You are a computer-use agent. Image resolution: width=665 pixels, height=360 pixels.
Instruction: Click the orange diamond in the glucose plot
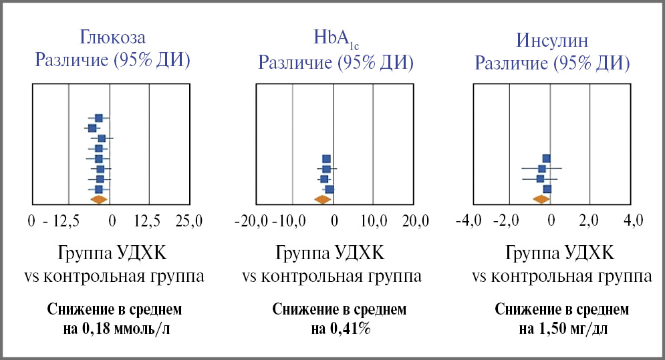(x=98, y=199)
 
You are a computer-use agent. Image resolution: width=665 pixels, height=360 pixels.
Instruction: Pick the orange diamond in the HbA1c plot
(x=323, y=199)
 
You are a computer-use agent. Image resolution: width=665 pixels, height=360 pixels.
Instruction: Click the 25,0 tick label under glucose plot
(x=188, y=220)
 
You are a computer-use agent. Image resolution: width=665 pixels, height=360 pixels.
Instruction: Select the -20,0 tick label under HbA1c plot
(x=251, y=220)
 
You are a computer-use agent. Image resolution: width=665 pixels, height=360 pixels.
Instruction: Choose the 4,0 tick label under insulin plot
(x=632, y=220)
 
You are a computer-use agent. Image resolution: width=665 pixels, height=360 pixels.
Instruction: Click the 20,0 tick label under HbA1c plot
(x=416, y=220)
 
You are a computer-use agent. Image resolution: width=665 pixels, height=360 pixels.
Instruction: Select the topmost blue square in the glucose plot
(x=98, y=118)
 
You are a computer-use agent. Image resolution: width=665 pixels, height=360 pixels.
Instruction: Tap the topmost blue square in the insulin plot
(x=546, y=158)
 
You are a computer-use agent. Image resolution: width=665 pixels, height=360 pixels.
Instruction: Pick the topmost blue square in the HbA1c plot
(x=326, y=159)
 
